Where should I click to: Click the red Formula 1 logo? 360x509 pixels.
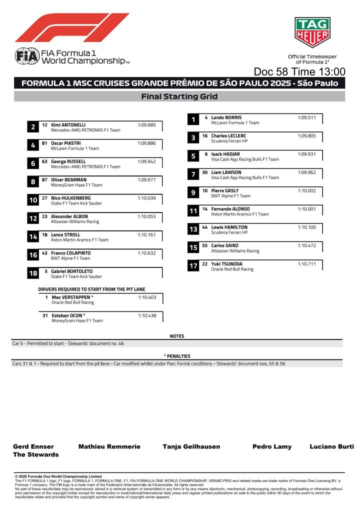72,28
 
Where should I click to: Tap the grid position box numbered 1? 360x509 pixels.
193,119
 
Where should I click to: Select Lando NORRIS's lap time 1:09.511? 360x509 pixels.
306,117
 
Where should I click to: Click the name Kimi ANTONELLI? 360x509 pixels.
68,125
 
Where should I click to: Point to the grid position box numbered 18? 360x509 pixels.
33,273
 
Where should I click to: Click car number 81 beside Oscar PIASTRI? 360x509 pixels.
44,143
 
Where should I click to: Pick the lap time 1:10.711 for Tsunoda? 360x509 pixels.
306,264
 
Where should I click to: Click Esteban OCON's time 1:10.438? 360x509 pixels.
147,315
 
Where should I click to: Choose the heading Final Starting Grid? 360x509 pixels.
179,96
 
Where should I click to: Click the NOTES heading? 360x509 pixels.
177,336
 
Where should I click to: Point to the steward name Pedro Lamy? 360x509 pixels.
272,446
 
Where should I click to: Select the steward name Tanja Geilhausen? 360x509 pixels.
191,446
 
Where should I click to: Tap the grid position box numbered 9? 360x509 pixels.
193,192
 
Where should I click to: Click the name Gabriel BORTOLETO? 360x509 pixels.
72,271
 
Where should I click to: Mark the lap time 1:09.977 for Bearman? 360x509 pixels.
147,179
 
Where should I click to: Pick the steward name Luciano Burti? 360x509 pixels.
331,446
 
